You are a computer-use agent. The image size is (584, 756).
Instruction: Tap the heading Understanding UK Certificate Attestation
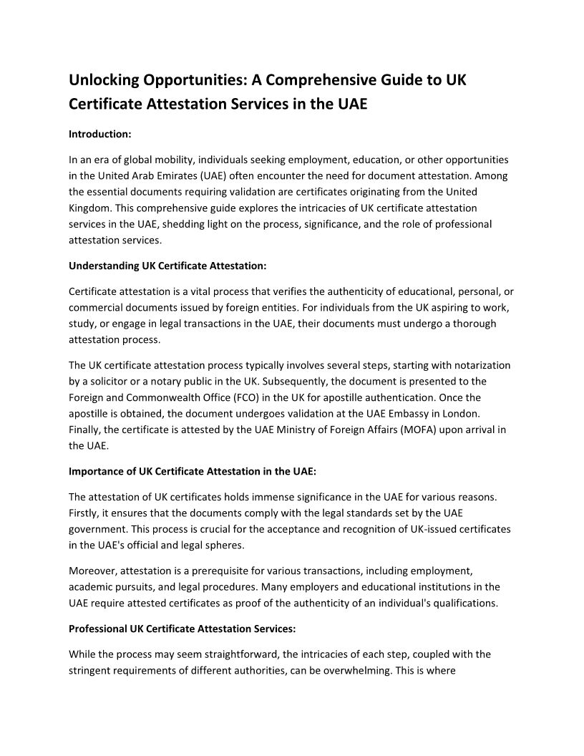(x=167, y=266)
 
